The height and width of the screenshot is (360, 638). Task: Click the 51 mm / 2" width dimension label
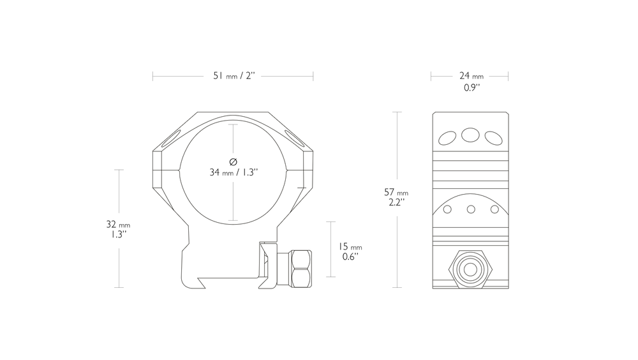point(234,76)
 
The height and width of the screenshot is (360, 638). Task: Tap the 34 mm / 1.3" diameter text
point(234,172)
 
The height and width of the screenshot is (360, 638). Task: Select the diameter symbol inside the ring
point(233,162)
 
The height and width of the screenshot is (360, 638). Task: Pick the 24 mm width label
point(471,76)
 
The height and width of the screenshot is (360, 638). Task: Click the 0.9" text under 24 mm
point(471,87)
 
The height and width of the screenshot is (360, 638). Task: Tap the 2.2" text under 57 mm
point(396,202)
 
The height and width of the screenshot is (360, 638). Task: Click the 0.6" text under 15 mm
point(350,257)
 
